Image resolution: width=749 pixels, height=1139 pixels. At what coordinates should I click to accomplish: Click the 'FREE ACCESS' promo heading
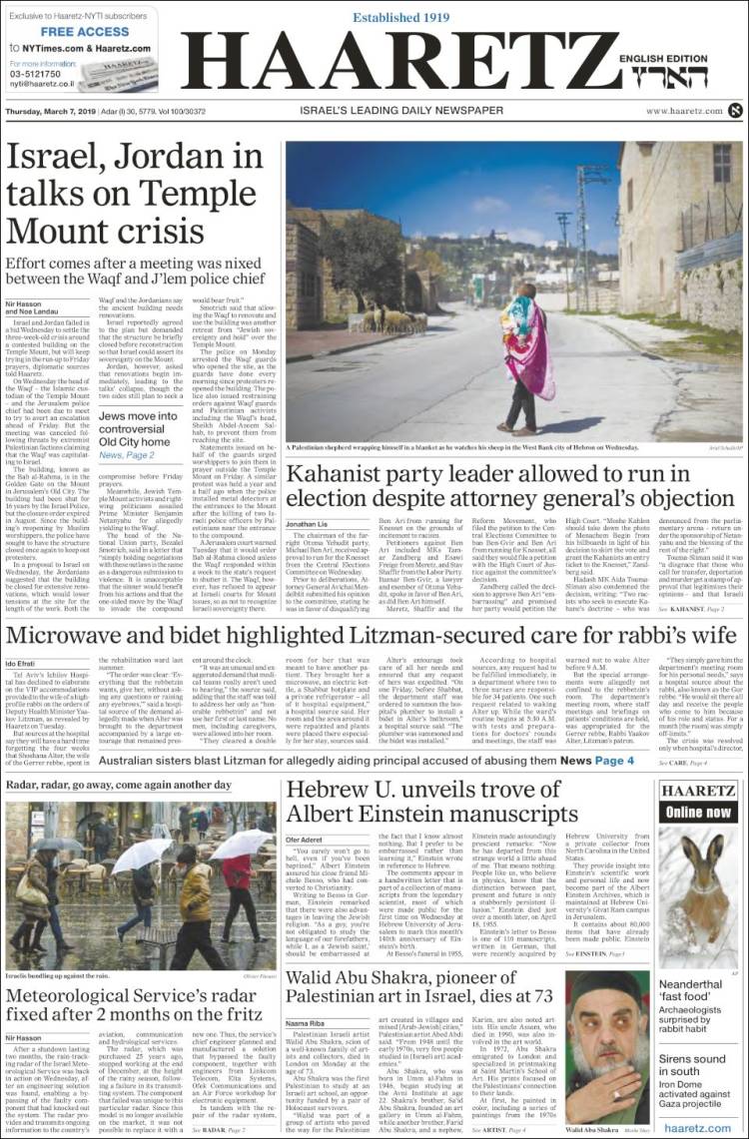(x=85, y=31)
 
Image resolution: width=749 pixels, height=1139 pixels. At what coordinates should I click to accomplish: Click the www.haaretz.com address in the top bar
(x=684, y=111)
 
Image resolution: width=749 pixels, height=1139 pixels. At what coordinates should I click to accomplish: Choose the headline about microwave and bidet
(x=374, y=636)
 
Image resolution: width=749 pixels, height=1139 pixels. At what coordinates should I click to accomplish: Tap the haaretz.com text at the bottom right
(x=696, y=1126)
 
